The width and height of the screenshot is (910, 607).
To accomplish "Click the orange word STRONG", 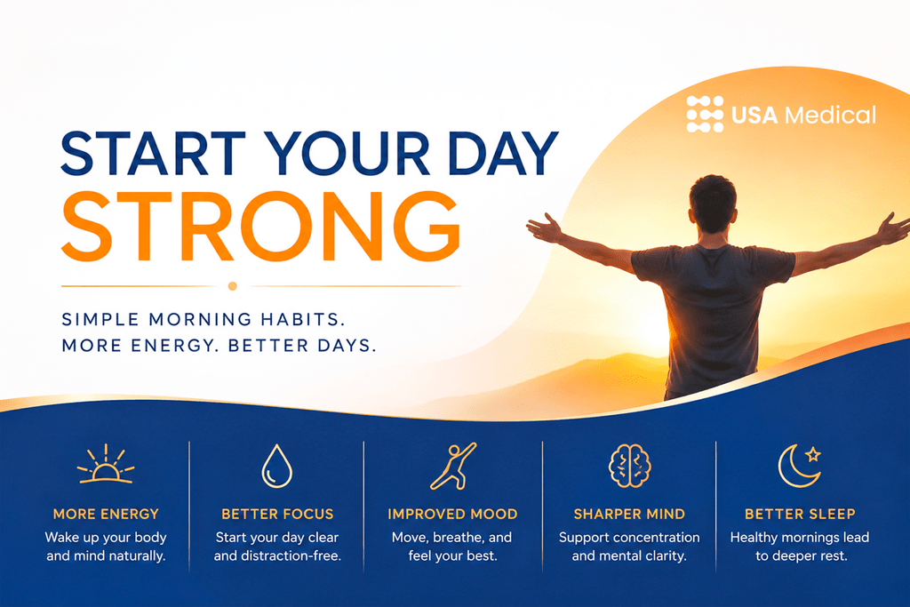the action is (x=260, y=227).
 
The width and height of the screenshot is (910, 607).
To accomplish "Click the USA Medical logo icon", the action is (x=705, y=115).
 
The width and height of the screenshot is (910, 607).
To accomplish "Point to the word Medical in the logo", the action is (x=831, y=115).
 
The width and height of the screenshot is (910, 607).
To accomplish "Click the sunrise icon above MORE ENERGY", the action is (x=106, y=464).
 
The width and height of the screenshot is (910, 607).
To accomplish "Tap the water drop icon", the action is (x=277, y=466).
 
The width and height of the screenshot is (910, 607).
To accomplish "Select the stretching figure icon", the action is (x=453, y=466).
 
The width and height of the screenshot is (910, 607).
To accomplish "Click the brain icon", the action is (x=630, y=466).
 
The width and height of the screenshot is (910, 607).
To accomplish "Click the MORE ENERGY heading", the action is (x=106, y=515).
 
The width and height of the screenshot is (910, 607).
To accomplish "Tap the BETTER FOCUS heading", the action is (x=277, y=515).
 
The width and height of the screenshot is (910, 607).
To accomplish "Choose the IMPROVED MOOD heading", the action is (x=452, y=515).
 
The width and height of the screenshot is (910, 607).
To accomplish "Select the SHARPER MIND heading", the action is (x=630, y=515).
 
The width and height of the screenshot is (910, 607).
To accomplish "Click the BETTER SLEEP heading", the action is (x=801, y=515).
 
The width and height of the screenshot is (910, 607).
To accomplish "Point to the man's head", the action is (x=713, y=204).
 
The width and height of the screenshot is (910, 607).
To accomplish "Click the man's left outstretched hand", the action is (x=545, y=228).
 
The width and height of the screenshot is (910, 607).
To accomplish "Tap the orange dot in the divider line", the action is (x=233, y=286).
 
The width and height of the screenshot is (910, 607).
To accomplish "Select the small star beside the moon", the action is (x=813, y=454).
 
